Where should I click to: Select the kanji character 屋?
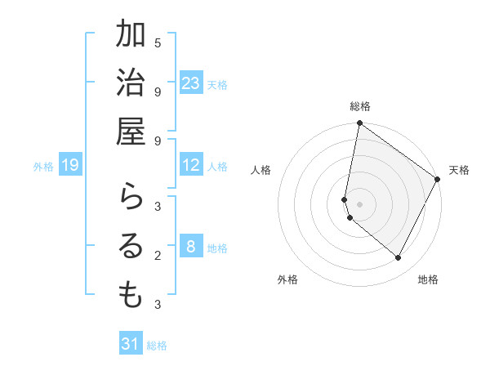point(131,132)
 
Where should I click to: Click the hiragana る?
point(131,246)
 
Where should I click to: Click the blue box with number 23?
point(191,83)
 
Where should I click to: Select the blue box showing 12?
point(191,166)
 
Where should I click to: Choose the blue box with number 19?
point(70,166)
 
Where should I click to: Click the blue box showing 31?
point(131,344)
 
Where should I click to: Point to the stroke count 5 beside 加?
point(158,42)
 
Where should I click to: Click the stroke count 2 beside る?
point(158,256)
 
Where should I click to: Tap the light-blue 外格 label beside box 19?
point(43,167)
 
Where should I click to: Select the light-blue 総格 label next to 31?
point(157,346)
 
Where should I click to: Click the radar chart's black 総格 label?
point(360,106)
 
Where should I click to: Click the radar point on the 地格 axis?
point(398,258)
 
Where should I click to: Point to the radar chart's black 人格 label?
point(261,170)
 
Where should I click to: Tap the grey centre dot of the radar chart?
point(359,204)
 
